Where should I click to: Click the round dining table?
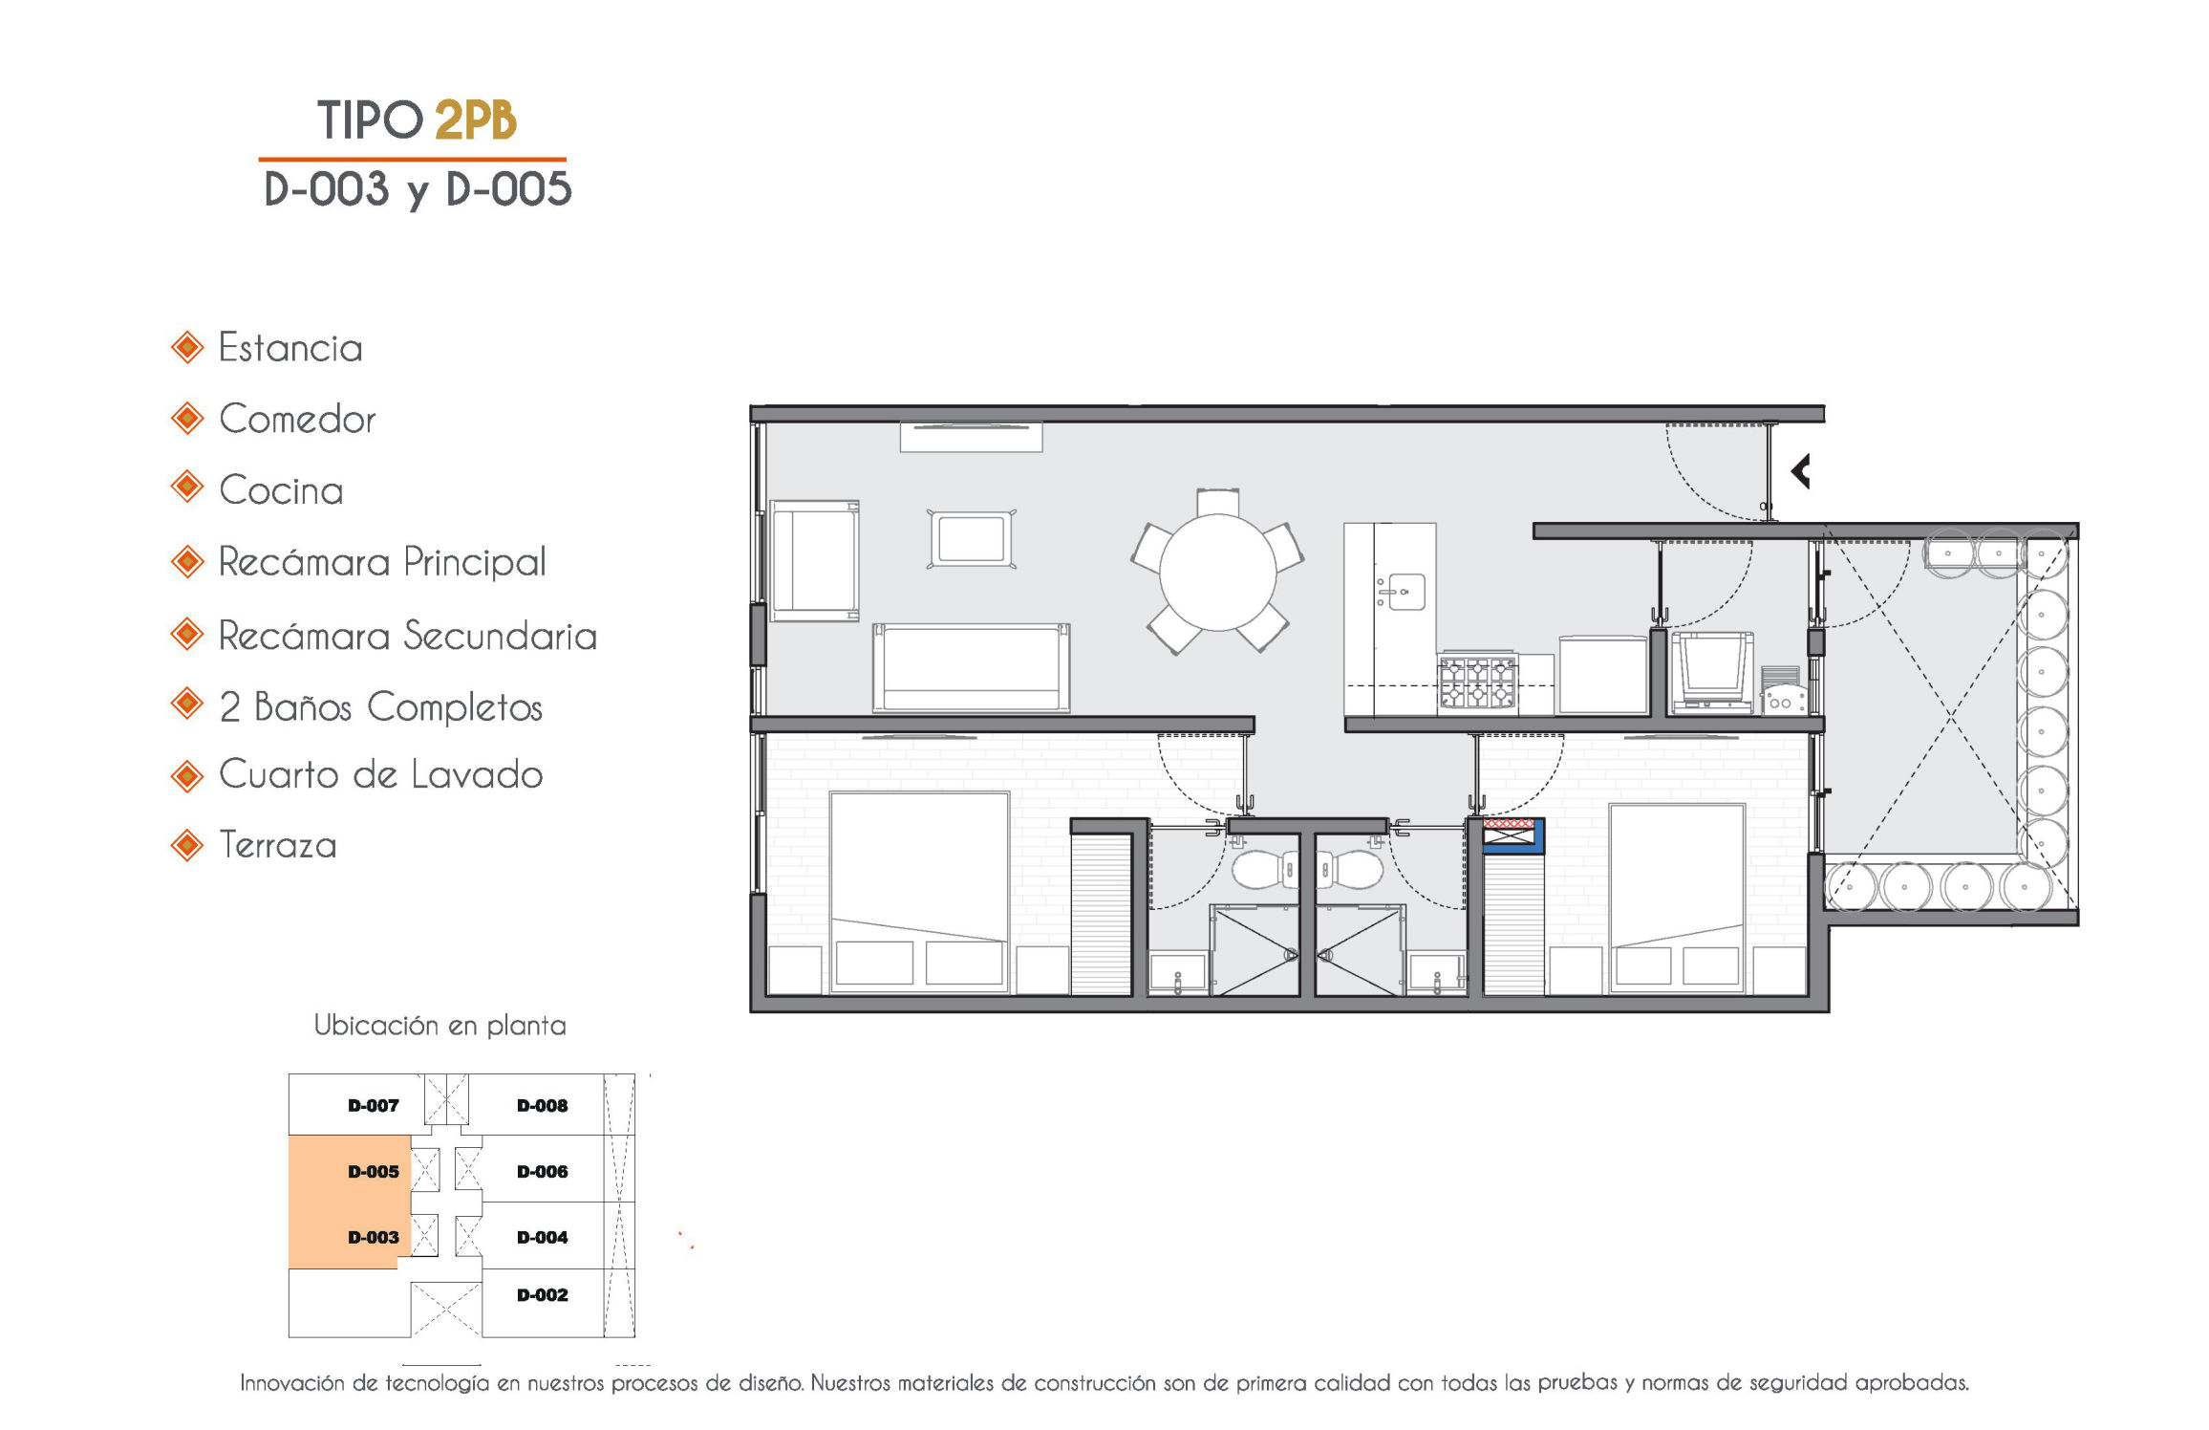(x=1217, y=573)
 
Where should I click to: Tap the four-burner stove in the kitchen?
(x=1477, y=682)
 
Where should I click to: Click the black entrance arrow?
(x=1800, y=471)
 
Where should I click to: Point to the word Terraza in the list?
(x=278, y=845)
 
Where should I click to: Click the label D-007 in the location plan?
(x=373, y=1106)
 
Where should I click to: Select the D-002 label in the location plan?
(x=542, y=1295)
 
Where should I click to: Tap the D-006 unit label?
(x=542, y=1172)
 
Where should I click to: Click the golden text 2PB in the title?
(x=475, y=120)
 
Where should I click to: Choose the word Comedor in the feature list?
(x=297, y=420)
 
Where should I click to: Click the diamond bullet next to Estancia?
(x=187, y=347)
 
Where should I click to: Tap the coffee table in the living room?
(x=971, y=539)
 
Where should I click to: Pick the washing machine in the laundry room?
(x=1711, y=673)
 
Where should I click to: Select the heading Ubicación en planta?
(x=440, y=1026)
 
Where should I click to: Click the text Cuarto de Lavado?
(x=381, y=774)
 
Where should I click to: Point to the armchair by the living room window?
(x=815, y=561)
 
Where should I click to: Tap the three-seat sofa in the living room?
(x=971, y=668)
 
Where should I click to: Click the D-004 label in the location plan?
(x=542, y=1238)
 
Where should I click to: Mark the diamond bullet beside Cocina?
(x=187, y=487)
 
